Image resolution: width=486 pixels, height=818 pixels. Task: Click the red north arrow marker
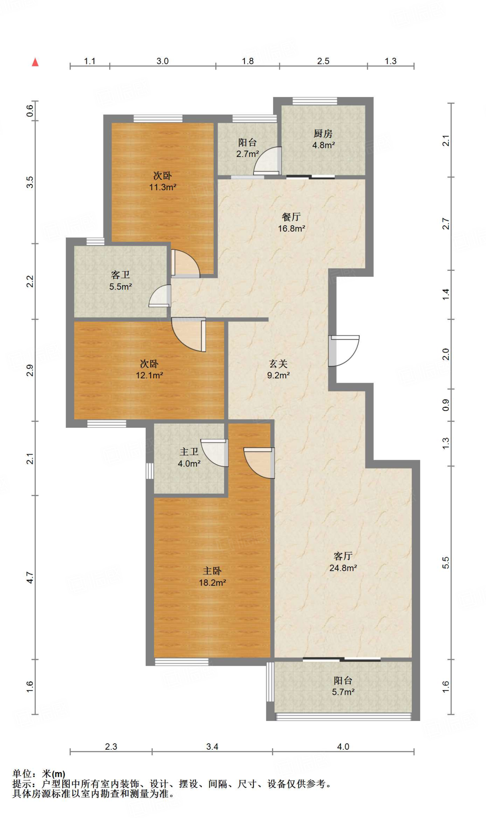coord(35,62)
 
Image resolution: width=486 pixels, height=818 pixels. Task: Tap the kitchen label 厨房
coord(323,133)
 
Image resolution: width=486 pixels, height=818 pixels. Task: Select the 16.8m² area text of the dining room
coord(292,228)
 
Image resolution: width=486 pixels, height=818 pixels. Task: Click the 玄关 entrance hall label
coord(278,363)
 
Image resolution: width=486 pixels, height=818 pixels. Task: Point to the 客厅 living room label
coord(343,556)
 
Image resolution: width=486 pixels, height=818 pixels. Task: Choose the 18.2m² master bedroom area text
coord(212,583)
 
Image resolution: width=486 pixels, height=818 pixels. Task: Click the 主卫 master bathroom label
coord(189,452)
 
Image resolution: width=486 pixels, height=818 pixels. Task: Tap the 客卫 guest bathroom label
coord(121,275)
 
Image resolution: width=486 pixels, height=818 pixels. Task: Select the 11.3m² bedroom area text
coord(163,187)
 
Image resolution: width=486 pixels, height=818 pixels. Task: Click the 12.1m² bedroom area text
coord(149,375)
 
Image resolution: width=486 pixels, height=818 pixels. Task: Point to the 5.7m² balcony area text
coord(343,692)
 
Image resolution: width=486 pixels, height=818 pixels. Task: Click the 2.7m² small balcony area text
coord(248,154)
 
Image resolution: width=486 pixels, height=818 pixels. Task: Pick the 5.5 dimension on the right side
coord(446,562)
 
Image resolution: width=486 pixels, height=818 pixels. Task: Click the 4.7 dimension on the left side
coord(30,577)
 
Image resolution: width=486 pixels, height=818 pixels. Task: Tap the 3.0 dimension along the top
coord(163,61)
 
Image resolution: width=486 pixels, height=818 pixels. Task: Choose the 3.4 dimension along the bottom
coord(212,747)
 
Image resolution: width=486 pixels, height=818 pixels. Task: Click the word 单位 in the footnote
coord(22,774)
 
